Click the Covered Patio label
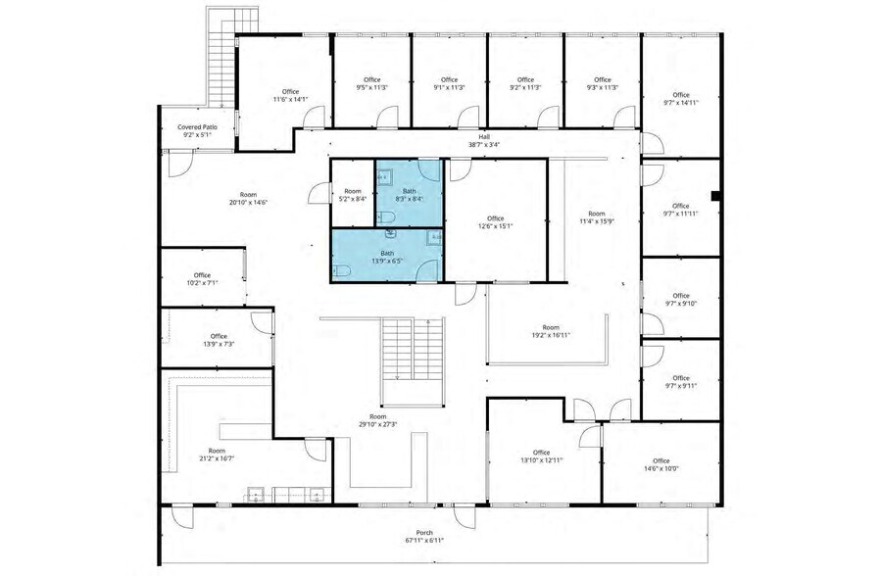tap(195, 131)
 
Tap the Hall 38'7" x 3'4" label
tap(483, 141)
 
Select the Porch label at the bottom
tap(424, 537)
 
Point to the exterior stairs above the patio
tap(220, 54)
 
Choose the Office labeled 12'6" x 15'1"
tap(495, 221)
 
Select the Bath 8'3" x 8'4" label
tap(410, 195)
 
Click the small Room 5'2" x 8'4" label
tap(353, 195)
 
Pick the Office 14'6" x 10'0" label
tap(661, 464)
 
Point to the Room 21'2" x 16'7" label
tap(217, 455)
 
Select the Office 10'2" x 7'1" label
tap(202, 279)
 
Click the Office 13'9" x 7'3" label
tap(217, 340)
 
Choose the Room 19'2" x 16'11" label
tap(551, 331)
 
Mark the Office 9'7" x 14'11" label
tap(680, 99)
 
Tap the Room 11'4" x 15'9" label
tap(596, 217)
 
